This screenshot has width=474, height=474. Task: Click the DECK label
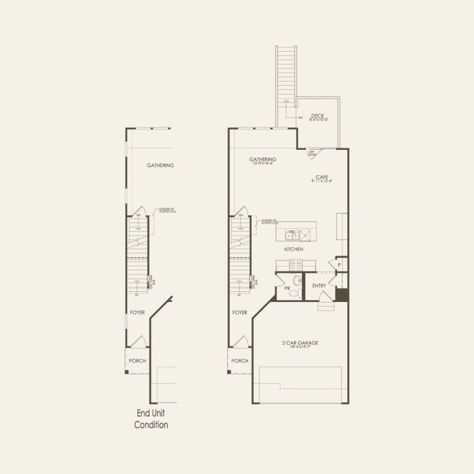317,115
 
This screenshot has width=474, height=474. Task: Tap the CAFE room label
322,177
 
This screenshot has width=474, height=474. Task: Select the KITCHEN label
293,249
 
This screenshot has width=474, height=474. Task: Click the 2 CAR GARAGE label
300,343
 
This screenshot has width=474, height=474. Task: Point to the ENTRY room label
319,286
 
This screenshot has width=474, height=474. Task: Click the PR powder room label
287,289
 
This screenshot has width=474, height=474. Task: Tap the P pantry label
339,265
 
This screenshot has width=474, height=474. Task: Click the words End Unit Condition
151,419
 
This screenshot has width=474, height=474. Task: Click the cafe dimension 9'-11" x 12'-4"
321,181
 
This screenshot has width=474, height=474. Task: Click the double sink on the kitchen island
293,235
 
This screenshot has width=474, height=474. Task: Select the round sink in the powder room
297,280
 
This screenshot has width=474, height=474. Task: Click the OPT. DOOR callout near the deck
312,152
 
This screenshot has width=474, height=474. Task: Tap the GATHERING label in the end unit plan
160,165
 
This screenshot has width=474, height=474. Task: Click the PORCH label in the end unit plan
137,361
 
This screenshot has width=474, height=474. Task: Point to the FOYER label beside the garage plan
240,312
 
